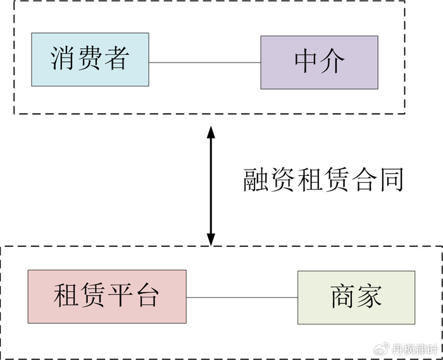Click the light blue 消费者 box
coord(90,59)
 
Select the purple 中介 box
coord(319,63)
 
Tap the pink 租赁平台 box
coord(107,296)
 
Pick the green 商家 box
coord(356,297)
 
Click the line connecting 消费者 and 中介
coord(204,63)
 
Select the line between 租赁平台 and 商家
coord(242,297)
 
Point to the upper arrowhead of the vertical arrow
coord(211,132)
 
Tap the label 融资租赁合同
coord(323,180)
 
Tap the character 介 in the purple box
coord(333,62)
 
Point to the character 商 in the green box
coord(342,297)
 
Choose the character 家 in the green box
coord(370,297)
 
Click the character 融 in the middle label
coord(257,180)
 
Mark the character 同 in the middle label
coord(390,180)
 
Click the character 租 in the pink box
coord(66,296)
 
